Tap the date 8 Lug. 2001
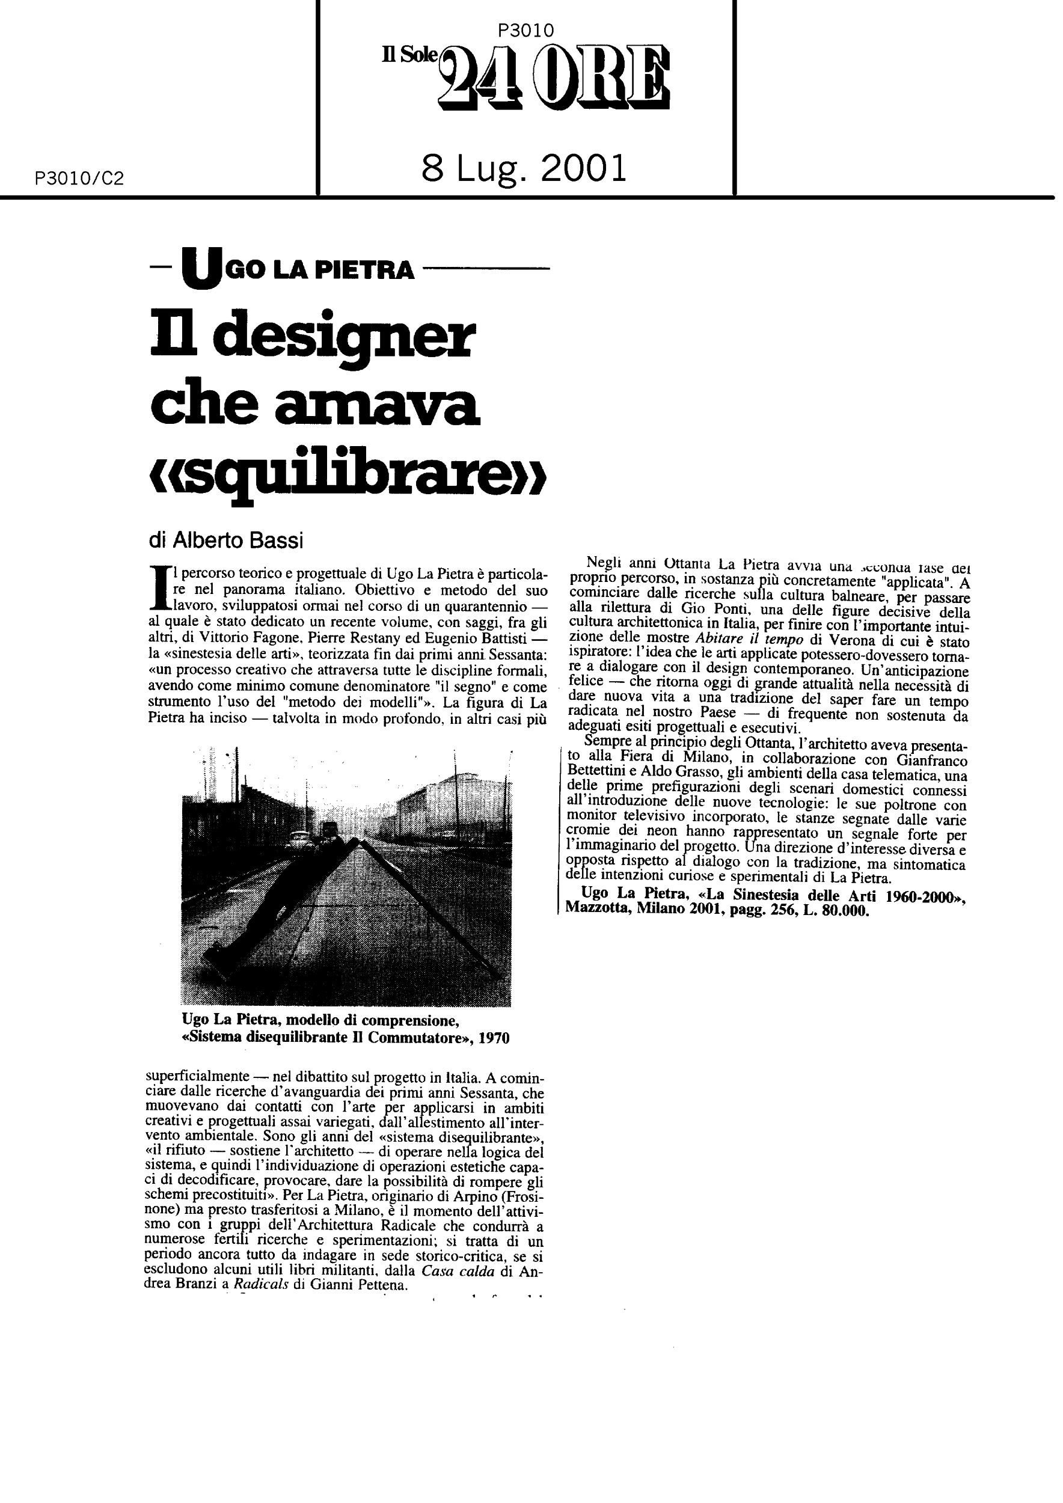click(x=524, y=168)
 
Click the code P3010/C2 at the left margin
click(x=79, y=179)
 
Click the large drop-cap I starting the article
click(x=158, y=588)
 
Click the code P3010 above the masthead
click(x=525, y=30)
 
